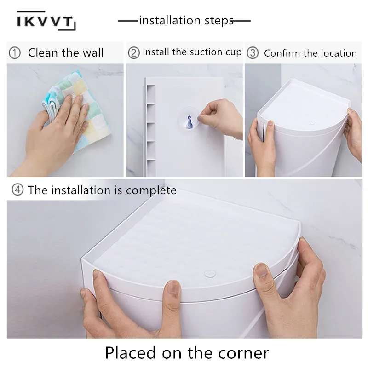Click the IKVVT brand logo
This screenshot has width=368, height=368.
(x=46, y=21)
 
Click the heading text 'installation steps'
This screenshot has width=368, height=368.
(x=186, y=20)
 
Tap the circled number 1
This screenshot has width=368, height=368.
(x=15, y=53)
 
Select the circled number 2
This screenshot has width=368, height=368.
(x=134, y=53)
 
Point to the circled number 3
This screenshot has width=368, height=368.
(x=253, y=53)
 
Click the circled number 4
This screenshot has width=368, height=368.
(x=17, y=190)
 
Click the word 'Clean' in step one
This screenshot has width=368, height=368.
(x=43, y=52)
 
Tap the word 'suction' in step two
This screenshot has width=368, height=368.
(x=207, y=52)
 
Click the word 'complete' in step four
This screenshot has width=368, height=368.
(x=151, y=190)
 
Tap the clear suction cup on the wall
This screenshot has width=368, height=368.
(x=189, y=120)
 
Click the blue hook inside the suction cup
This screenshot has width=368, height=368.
(x=189, y=122)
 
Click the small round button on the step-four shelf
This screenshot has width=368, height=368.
(x=210, y=274)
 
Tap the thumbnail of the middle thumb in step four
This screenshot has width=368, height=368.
(x=174, y=287)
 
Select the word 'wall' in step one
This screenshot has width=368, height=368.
(x=93, y=52)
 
